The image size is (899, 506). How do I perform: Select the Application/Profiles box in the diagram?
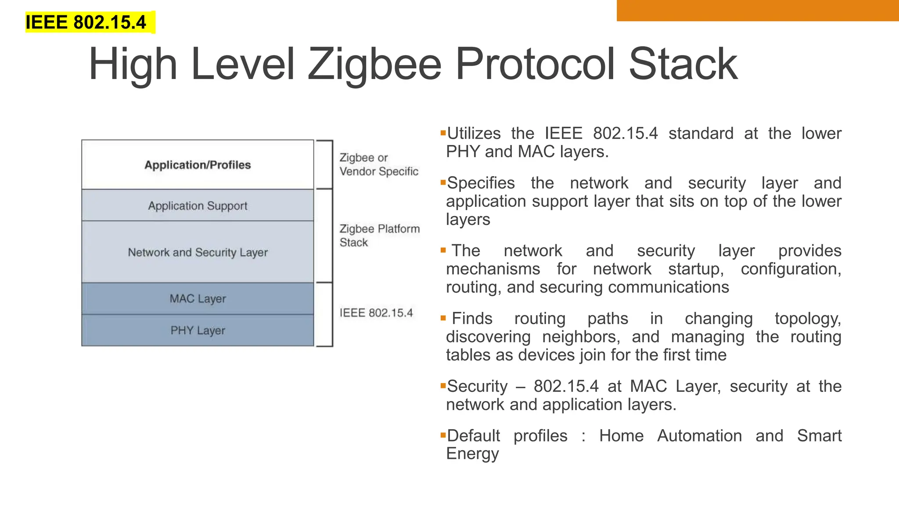click(198, 165)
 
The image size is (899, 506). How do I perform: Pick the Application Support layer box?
click(198, 206)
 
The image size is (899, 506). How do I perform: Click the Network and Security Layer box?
click(198, 252)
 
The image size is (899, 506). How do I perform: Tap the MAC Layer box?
click(198, 299)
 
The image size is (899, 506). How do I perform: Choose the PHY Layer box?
click(198, 330)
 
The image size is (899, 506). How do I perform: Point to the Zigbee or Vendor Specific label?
click(378, 164)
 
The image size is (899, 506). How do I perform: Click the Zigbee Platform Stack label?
click(379, 235)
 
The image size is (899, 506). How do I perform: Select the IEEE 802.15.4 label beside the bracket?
click(376, 313)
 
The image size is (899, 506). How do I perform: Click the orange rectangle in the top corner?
click(757, 11)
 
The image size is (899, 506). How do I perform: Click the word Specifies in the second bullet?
click(481, 183)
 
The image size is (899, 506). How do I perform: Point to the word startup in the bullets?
click(696, 269)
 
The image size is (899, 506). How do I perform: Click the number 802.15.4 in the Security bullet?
click(566, 387)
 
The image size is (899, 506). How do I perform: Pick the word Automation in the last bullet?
click(699, 436)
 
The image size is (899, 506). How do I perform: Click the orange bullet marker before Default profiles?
click(443, 435)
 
